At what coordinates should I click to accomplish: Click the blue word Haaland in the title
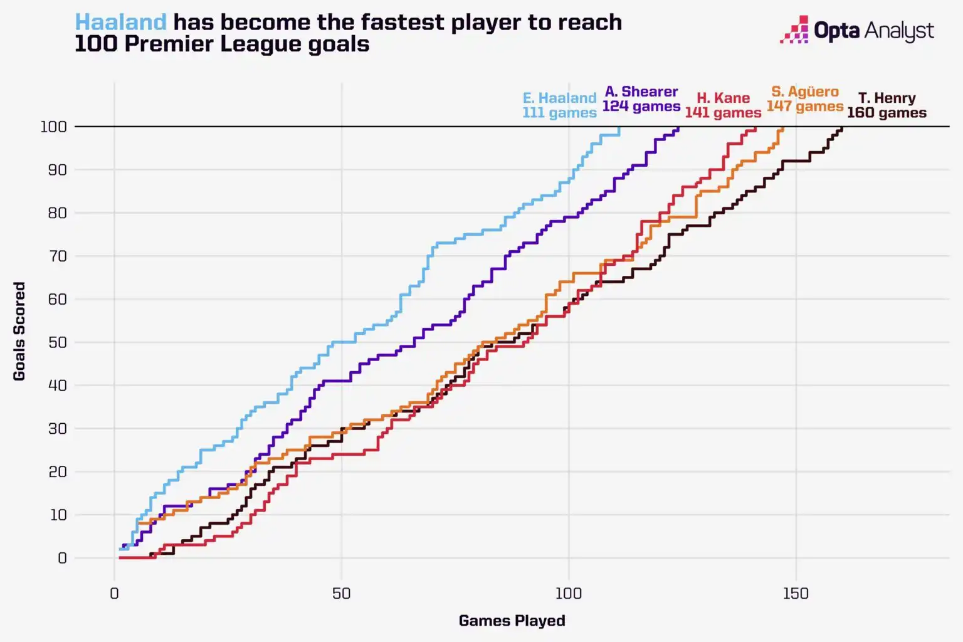pyautogui.click(x=121, y=23)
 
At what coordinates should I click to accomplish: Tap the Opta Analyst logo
pyautogui.click(x=857, y=30)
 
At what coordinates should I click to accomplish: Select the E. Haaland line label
pyautogui.click(x=559, y=98)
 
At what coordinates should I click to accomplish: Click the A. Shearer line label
pyautogui.click(x=641, y=92)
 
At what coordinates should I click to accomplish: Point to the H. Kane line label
pyautogui.click(x=723, y=98)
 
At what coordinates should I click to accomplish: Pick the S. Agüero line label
pyautogui.click(x=805, y=92)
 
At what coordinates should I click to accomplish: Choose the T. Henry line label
pyautogui.click(x=887, y=98)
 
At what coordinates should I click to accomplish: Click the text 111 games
pyautogui.click(x=559, y=113)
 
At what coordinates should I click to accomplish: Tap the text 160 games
pyautogui.click(x=887, y=113)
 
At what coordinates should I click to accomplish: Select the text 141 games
pyautogui.click(x=723, y=113)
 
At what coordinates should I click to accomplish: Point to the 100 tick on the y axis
pyautogui.click(x=53, y=127)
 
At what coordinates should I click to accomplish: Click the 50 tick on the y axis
pyautogui.click(x=57, y=342)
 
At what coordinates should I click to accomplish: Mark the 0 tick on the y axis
pyautogui.click(x=61, y=558)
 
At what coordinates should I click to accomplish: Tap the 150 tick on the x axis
pyautogui.click(x=796, y=593)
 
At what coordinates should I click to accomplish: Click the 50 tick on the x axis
pyautogui.click(x=342, y=593)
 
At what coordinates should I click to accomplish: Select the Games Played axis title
pyautogui.click(x=512, y=621)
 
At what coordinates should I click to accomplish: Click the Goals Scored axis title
pyautogui.click(x=19, y=331)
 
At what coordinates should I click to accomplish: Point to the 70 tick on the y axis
pyautogui.click(x=57, y=256)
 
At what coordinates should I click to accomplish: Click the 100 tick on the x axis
pyautogui.click(x=569, y=593)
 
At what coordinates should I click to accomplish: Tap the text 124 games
pyautogui.click(x=641, y=107)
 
